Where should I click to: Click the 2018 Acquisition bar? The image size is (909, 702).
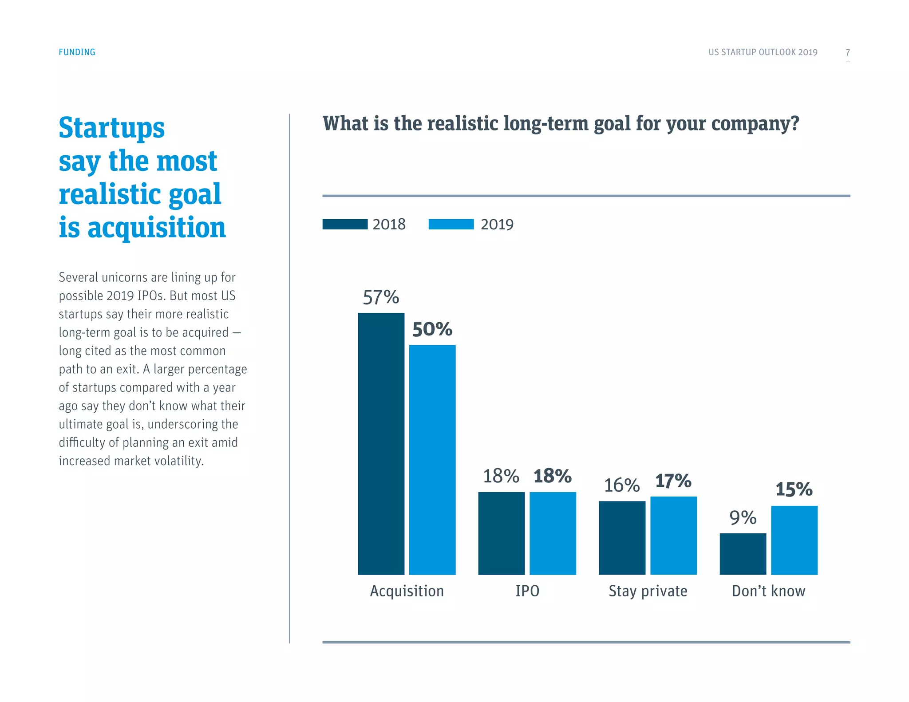(381, 444)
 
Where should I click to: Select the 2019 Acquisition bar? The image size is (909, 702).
(432, 460)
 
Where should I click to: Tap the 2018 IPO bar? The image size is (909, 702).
(501, 533)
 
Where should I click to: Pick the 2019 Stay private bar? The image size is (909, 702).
(673, 535)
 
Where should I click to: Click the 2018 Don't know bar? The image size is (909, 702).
(743, 554)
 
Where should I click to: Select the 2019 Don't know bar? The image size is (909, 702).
(794, 540)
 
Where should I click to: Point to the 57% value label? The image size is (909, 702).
(381, 297)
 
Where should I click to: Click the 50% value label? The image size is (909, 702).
(432, 329)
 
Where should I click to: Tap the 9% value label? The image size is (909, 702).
(743, 517)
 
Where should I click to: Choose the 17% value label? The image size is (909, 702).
(673, 481)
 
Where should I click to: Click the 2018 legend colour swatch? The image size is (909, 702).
(345, 224)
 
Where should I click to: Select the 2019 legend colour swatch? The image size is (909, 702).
(451, 224)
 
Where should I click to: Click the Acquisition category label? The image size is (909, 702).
(407, 591)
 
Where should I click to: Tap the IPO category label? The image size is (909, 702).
(527, 591)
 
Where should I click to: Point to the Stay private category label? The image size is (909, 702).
(648, 591)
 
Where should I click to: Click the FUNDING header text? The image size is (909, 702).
(77, 52)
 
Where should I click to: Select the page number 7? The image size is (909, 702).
(848, 52)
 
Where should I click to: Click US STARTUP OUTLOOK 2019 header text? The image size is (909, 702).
(763, 52)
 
